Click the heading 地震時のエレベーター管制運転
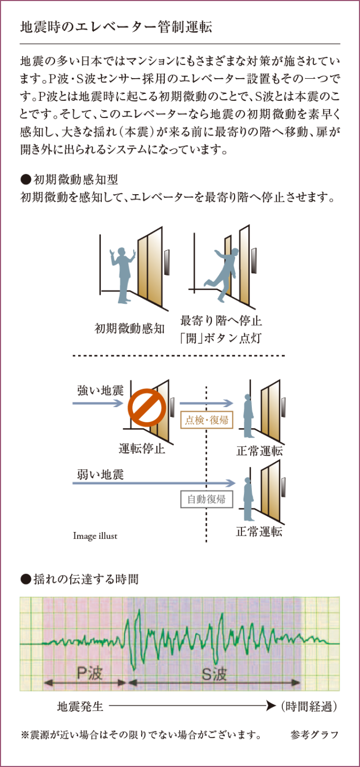click(x=116, y=28)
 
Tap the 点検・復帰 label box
click(x=206, y=420)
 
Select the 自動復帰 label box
click(x=206, y=499)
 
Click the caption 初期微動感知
click(x=130, y=329)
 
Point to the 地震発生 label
click(x=80, y=707)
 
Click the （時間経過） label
click(x=308, y=707)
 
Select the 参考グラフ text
click(x=314, y=735)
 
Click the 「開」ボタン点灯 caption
click(x=220, y=338)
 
